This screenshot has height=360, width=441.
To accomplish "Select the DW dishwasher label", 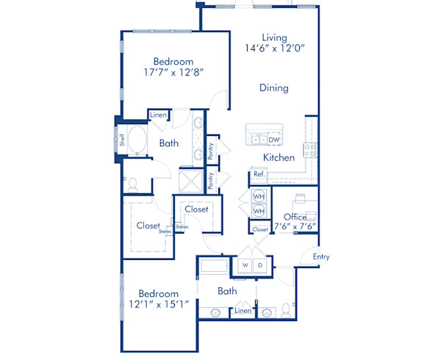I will [x=274, y=140].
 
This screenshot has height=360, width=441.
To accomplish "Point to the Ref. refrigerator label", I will [x=259, y=175].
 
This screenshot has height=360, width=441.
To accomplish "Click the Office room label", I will [x=295, y=217].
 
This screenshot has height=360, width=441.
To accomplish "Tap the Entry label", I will [x=321, y=256].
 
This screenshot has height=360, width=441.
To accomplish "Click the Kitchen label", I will [x=279, y=158].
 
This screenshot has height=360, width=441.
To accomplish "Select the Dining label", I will [x=273, y=88].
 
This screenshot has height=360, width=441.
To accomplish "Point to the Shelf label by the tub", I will [x=123, y=139].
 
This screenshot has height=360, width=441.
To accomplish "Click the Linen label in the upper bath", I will [x=158, y=115].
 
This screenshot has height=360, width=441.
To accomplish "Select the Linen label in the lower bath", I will [x=242, y=312].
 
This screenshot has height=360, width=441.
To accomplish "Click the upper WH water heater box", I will [x=259, y=198].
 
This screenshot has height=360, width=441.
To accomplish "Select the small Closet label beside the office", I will [x=260, y=230].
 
